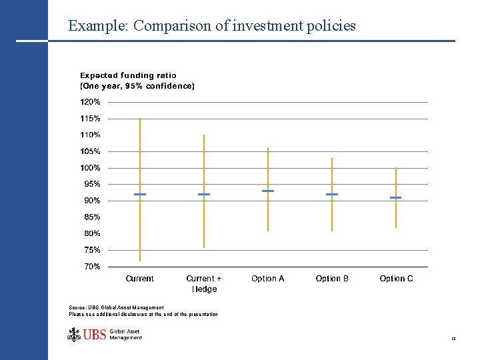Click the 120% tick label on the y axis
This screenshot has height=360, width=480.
pyautogui.click(x=91, y=102)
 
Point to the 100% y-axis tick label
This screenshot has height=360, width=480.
pyautogui.click(x=91, y=168)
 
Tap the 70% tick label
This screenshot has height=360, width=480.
pyautogui.click(x=92, y=267)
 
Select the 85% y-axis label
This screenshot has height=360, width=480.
pyautogui.click(x=92, y=217)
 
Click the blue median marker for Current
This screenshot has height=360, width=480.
pyautogui.click(x=140, y=194)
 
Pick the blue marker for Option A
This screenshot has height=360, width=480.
pyautogui.click(x=268, y=191)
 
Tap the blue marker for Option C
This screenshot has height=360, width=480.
pyautogui.click(x=396, y=197)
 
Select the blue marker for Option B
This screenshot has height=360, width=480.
pyautogui.click(x=332, y=194)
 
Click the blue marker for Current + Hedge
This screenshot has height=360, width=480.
pyautogui.click(x=204, y=194)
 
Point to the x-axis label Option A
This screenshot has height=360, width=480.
pyautogui.click(x=268, y=279)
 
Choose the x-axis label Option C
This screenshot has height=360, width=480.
pyautogui.click(x=396, y=279)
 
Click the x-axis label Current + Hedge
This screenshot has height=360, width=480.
pyautogui.click(x=204, y=283)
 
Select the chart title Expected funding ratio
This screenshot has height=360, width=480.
pyautogui.click(x=129, y=76)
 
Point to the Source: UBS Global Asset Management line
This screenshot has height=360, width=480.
pyautogui.click(x=117, y=307)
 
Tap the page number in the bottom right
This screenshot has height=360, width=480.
pyautogui.click(x=453, y=339)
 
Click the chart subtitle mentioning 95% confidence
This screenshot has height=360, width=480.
pyautogui.click(x=137, y=86)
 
